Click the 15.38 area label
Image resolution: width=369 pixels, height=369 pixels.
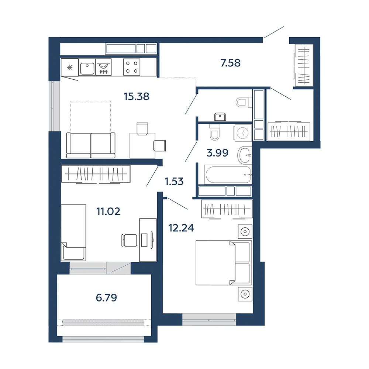click(x=137, y=96)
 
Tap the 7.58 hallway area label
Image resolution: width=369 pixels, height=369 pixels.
click(x=230, y=63)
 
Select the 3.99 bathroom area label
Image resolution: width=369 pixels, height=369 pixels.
click(x=217, y=153)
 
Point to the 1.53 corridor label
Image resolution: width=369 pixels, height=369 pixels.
click(x=174, y=182)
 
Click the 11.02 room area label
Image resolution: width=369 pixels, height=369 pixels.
click(x=108, y=211)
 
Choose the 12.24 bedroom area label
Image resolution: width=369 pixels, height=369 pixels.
click(x=181, y=228)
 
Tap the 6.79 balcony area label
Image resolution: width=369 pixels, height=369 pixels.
click(x=106, y=298)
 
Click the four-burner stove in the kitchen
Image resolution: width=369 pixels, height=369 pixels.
click(x=132, y=67)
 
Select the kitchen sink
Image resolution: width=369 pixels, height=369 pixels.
click(x=87, y=67)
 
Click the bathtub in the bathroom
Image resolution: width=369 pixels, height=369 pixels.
click(x=228, y=175)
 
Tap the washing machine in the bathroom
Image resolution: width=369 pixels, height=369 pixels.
click(x=243, y=133)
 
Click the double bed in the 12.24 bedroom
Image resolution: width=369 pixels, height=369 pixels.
click(x=224, y=263)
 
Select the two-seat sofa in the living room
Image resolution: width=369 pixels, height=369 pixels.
click(x=91, y=145)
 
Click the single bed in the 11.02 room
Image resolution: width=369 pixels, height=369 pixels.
click(x=73, y=233)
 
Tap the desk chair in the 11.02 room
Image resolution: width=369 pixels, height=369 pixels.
click(x=129, y=240)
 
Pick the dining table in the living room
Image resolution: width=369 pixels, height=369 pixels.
click(x=142, y=145)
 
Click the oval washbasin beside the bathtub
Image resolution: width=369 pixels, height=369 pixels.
click(x=245, y=155)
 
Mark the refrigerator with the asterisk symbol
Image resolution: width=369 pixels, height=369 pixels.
click(x=70, y=68)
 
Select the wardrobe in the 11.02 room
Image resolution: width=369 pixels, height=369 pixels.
click(x=96, y=174)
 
